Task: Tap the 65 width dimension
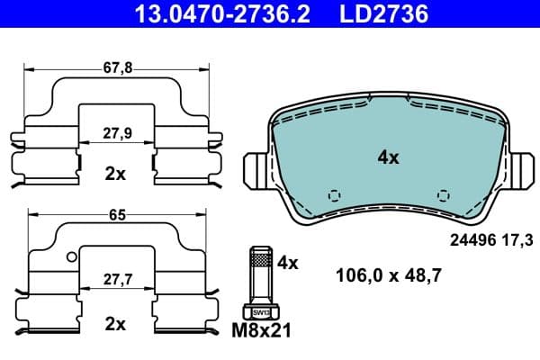[x=115, y=216]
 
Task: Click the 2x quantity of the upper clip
[x=115, y=175]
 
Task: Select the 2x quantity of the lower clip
[x=115, y=323]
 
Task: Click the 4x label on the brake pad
[x=388, y=157]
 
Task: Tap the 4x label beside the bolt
[x=287, y=264]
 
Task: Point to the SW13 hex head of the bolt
[x=261, y=312]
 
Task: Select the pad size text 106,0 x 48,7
[x=388, y=274]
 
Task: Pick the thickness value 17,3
[x=521, y=240]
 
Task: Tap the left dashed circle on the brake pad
[x=334, y=195]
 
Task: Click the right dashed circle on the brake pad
[x=442, y=195]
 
